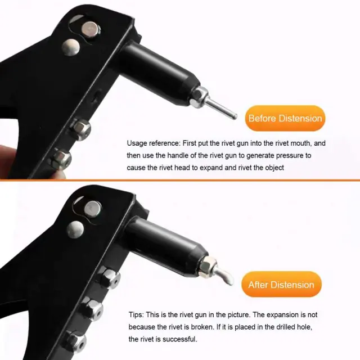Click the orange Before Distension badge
[x=285, y=118]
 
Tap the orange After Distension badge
[x=281, y=285]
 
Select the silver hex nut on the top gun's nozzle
[x=199, y=97]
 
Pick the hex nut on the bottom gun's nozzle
[x=208, y=266]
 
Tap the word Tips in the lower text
[x=136, y=315]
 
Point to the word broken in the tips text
[x=202, y=327]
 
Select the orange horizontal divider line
[x=180, y=180]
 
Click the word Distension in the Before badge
[x=300, y=119]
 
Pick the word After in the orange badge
[x=258, y=285]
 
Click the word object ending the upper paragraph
[x=274, y=168]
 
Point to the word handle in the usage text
[x=178, y=155]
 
